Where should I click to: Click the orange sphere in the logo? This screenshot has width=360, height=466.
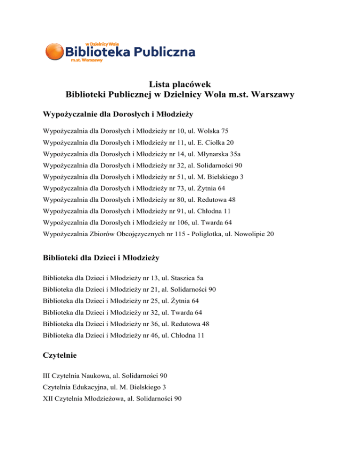tap(55, 52)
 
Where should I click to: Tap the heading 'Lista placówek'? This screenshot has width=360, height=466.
tap(180, 84)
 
